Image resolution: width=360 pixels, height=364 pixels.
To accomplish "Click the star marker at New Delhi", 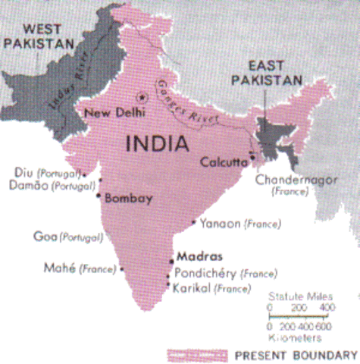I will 139,96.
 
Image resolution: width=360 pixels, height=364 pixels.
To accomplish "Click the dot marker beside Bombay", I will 99,195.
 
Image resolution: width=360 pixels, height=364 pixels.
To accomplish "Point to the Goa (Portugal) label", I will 67,237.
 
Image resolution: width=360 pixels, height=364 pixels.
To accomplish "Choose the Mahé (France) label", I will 78,267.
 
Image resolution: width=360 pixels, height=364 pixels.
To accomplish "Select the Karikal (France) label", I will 211,288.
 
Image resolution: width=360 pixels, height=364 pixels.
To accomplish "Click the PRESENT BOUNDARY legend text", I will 296,354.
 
